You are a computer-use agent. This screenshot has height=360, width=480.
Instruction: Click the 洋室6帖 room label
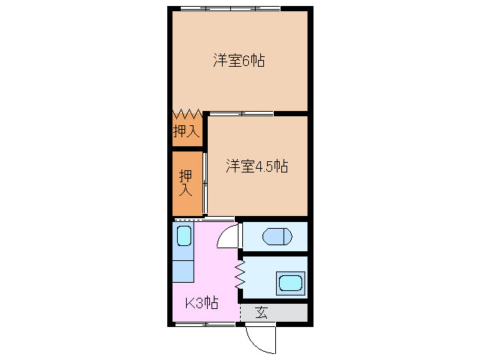coord(239,61)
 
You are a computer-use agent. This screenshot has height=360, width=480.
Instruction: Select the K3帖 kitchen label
coord(202,303)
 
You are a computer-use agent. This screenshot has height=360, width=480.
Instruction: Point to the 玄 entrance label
coord(262,312)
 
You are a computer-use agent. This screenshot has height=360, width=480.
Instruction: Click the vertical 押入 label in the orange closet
coord(185,183)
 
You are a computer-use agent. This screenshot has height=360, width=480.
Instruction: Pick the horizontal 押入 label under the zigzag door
coord(186,132)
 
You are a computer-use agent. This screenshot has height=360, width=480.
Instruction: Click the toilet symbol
coord(275,237)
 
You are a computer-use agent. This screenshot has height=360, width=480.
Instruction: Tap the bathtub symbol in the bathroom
coord(289,283)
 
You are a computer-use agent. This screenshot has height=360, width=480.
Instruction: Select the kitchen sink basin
coord(184,237)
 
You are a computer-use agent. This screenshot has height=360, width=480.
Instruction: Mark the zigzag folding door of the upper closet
coord(186,115)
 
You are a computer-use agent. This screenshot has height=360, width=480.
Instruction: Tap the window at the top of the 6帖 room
coord(229,9)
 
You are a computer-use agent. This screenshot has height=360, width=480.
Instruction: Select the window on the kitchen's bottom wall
coord(207,325)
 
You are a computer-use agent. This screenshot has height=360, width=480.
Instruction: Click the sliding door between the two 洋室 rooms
coord(240,114)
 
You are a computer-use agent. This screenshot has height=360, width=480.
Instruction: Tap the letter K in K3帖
coord(190,303)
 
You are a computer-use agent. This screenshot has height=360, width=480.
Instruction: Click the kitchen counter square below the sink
coord(184,269)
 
